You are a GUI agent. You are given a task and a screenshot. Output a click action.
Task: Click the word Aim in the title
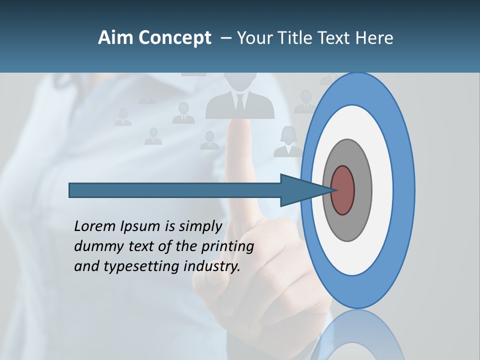click(116, 38)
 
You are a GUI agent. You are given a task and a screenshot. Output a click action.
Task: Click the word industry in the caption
click(211, 266)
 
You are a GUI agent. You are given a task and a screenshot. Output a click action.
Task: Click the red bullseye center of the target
click(342, 190)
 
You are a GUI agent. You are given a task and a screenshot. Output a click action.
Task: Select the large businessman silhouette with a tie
click(240, 97)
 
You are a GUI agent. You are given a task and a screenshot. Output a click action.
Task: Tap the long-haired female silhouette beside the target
click(288, 142)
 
